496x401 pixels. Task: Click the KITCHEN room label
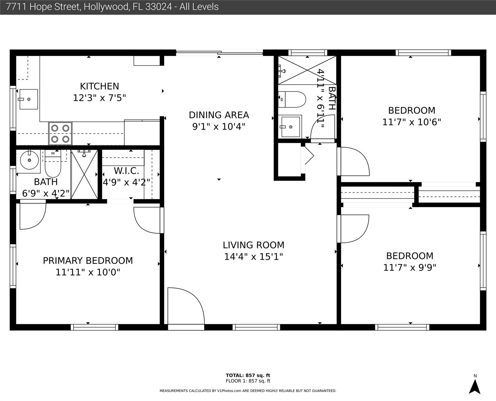[x=99, y=86]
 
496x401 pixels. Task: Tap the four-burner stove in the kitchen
[x=60, y=133]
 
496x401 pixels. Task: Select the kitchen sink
[x=28, y=99]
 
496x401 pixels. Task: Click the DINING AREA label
[x=219, y=115]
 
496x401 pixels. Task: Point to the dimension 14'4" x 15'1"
[x=253, y=257]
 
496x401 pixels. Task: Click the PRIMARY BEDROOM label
[x=88, y=261]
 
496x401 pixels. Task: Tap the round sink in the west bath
[x=29, y=160]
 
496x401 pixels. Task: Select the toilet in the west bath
[x=53, y=163]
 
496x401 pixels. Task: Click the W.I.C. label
[x=126, y=171]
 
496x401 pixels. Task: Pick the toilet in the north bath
[x=292, y=99]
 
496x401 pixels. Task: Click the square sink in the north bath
[x=290, y=127]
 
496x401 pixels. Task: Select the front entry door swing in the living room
[x=186, y=306]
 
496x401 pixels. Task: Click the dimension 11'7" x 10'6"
[x=412, y=122]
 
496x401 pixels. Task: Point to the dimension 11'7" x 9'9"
[x=410, y=268]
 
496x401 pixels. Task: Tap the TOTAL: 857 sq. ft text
[x=248, y=375]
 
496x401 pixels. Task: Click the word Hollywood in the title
[x=106, y=7]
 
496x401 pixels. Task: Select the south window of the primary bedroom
[x=95, y=327]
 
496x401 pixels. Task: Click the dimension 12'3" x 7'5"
[x=99, y=98]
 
